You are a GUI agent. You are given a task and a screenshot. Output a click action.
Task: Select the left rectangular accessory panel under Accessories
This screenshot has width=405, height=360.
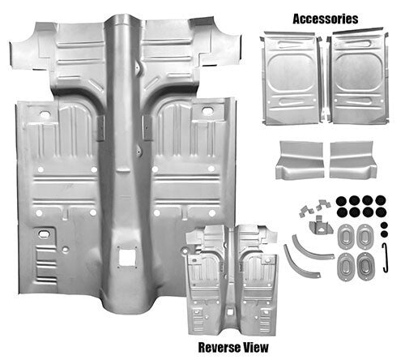(x=292, y=74)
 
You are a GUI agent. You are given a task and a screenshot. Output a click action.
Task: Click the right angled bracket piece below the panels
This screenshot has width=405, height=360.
(x=353, y=159)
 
